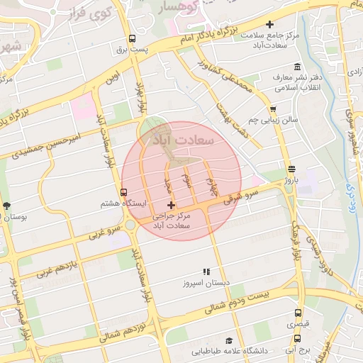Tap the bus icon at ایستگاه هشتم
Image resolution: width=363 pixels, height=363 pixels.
pyautogui.click(x=124, y=192)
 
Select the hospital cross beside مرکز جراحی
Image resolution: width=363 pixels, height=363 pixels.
pyautogui.click(x=170, y=205)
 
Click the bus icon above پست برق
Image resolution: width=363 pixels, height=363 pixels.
pyautogui.click(x=133, y=40)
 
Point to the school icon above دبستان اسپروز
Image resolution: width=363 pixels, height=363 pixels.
pyautogui.click(x=206, y=272)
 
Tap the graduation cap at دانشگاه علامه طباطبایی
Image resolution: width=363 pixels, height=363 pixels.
pyautogui.click(x=228, y=341)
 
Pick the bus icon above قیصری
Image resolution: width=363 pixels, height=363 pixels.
pyautogui.click(x=297, y=312)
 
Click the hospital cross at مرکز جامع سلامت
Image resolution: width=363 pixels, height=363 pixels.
pyautogui.click(x=269, y=26)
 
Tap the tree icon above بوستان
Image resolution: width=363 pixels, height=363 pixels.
pyautogui.click(x=7, y=206)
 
